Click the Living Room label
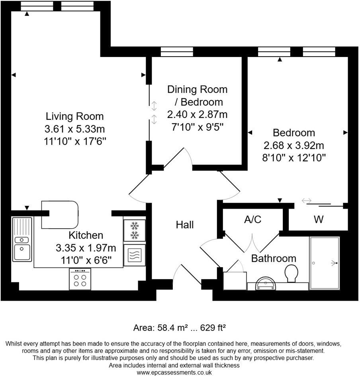(x=75, y=116)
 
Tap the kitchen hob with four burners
(x=80, y=279)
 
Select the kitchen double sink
(x=22, y=239)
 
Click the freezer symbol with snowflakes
(x=134, y=230)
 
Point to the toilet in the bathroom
(x=291, y=274)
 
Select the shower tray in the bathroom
(x=325, y=263)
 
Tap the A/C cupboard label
(x=252, y=219)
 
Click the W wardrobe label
(x=319, y=219)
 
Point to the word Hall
(x=185, y=225)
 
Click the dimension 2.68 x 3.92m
(x=294, y=145)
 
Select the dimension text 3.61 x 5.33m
(x=75, y=129)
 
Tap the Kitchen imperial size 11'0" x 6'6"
(x=86, y=260)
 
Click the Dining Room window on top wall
(x=177, y=52)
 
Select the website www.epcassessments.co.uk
(x=174, y=372)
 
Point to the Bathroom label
(x=274, y=258)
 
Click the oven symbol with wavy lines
(x=134, y=255)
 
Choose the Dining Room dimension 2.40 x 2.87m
(x=197, y=115)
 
